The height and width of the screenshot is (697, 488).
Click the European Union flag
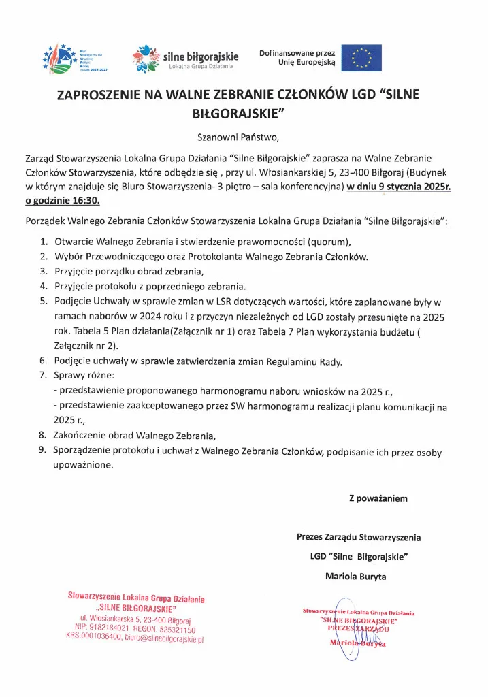361,58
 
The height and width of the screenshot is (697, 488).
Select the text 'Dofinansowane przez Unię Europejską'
297,58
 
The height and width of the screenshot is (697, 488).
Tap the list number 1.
43,242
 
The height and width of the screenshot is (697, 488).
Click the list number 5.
43,302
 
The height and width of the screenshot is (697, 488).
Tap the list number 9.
43,451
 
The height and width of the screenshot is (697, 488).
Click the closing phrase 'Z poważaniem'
378,498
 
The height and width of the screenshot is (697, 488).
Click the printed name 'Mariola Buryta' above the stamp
355,577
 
